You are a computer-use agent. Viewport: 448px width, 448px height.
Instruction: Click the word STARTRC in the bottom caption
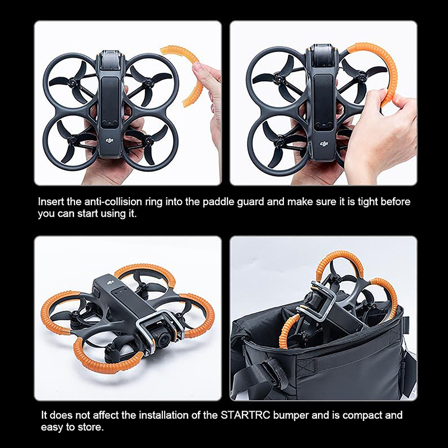point(245,415)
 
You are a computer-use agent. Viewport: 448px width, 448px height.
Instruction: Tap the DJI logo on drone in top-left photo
point(110,141)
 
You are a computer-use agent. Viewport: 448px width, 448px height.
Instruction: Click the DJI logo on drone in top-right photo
point(324,143)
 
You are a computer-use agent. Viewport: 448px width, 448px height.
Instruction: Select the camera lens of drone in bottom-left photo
point(162,338)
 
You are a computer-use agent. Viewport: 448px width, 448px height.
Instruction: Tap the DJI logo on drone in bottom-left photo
point(110,283)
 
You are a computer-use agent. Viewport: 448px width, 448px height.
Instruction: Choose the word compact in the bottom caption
point(362,416)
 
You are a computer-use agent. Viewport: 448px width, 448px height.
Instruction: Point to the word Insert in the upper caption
point(51,202)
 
